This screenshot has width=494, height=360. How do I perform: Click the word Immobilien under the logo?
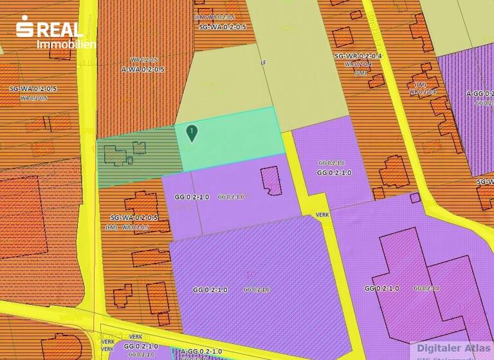66,44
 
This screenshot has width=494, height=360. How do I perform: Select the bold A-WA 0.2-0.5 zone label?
143,69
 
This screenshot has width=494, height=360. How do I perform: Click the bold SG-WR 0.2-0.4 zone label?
358,57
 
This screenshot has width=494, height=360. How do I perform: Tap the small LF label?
262,63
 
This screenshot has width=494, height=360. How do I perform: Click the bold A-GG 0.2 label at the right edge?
480,93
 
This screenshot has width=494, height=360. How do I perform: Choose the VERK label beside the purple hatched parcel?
323,216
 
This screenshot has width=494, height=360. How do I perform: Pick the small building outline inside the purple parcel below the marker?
271,179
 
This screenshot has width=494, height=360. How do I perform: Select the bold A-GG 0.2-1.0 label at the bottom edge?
201,351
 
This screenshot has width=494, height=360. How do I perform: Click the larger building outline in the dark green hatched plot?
114,155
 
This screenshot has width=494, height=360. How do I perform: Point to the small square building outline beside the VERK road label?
415,197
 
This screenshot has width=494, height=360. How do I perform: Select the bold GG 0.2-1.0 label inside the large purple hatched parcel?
210,290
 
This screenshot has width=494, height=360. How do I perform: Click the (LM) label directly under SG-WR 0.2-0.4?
361,73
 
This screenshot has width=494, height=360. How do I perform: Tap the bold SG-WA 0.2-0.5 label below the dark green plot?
134,217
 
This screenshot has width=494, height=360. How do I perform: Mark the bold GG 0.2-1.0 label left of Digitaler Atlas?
381,288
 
